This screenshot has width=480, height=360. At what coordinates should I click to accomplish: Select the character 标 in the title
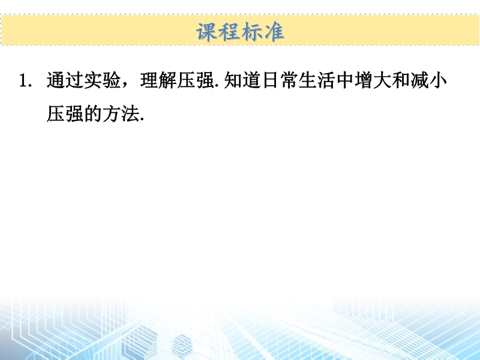coord(251,32)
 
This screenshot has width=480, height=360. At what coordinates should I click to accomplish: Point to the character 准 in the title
coord(274,32)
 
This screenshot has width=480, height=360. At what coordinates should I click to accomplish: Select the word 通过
coord(65,80)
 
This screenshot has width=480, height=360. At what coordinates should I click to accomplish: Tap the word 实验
coord(102,80)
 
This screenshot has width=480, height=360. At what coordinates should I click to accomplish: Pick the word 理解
coord(158,80)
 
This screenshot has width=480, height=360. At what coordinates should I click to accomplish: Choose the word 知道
coord(242,80)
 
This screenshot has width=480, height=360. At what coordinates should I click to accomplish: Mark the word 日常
coord(280,80)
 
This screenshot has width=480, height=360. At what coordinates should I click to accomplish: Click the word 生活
coord(317,80)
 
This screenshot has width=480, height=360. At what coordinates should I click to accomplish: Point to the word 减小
coord(428,80)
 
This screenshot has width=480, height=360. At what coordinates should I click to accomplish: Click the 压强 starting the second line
coord(65,114)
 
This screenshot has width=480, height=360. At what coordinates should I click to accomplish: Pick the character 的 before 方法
coord(92,114)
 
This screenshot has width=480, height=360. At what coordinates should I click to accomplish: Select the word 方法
coord(121,114)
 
